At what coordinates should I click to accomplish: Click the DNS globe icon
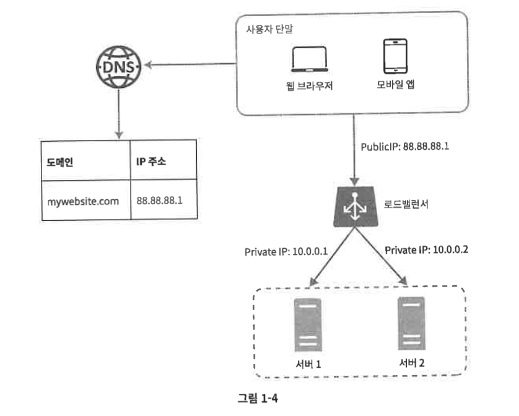[118, 67]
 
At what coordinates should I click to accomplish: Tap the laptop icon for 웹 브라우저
[310, 59]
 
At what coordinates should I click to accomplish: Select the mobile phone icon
[395, 56]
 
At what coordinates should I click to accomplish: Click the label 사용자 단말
[269, 29]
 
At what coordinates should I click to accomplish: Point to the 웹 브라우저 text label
[309, 85]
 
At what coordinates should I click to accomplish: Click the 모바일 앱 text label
[395, 84]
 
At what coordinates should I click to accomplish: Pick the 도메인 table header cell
[86, 161]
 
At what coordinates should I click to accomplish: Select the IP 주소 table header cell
[164, 160]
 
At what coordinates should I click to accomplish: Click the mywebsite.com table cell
[86, 201]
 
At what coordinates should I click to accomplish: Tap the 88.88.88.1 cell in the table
[164, 199]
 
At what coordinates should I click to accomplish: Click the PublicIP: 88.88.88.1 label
[405, 147]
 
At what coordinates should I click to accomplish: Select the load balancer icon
[355, 207]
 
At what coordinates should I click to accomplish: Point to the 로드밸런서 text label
[406, 204]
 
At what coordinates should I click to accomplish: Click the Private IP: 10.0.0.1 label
[286, 252]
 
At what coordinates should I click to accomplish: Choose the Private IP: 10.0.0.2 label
[426, 250]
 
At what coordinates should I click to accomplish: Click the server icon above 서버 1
[308, 325]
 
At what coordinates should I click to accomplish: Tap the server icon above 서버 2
[411, 323]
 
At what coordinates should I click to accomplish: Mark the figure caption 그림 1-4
[258, 398]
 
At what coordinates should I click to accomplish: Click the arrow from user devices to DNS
[190, 64]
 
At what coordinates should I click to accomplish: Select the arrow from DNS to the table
[119, 114]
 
